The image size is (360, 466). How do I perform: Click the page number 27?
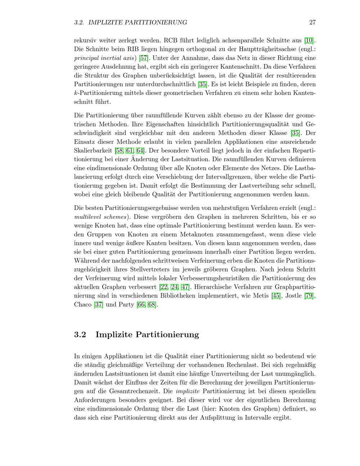coord(312,22)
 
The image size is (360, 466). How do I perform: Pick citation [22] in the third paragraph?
coord(163,287)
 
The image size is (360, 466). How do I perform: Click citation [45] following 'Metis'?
coord(276,296)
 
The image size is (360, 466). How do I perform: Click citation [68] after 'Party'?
coord(152,305)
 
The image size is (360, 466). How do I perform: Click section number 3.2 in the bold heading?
coord(80,335)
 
